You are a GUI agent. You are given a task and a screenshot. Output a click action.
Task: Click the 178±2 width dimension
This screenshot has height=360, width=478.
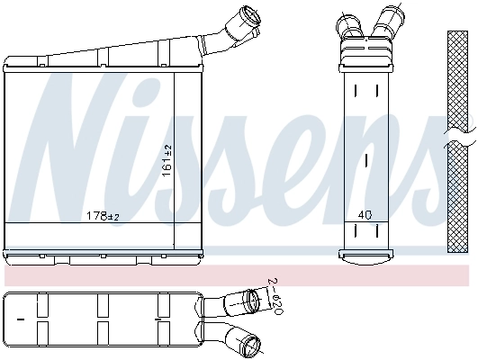click(x=103, y=216)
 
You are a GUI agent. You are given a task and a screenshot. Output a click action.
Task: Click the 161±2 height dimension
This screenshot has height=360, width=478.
click(x=166, y=160)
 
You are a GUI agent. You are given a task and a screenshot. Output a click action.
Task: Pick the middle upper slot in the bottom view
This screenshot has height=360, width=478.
click(x=99, y=304)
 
